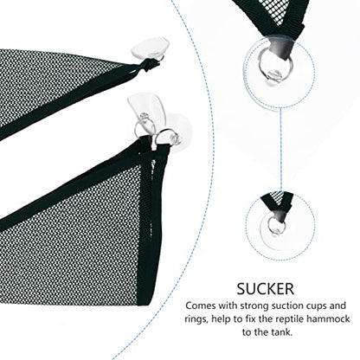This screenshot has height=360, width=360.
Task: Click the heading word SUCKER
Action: click(x=266, y=288)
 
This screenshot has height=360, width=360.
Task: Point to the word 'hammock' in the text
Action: click(x=328, y=318)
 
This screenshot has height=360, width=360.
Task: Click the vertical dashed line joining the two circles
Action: click(x=280, y=151)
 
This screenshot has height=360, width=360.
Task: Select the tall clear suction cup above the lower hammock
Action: click(x=144, y=111)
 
